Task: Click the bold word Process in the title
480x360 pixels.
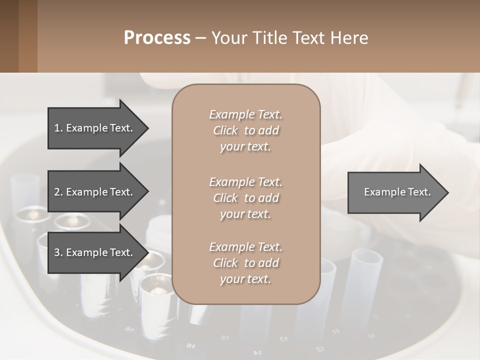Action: tap(157, 38)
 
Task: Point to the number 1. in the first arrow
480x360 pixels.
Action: tap(58, 128)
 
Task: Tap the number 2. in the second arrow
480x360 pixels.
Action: tap(58, 192)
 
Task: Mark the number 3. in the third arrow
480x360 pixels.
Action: tap(58, 252)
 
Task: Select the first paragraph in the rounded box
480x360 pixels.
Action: tap(245, 130)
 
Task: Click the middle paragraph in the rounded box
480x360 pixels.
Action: tap(245, 197)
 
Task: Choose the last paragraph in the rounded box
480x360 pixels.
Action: tap(245, 263)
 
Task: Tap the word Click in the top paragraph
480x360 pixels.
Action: tap(225, 130)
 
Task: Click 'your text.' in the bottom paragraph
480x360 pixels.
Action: tap(245, 279)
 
